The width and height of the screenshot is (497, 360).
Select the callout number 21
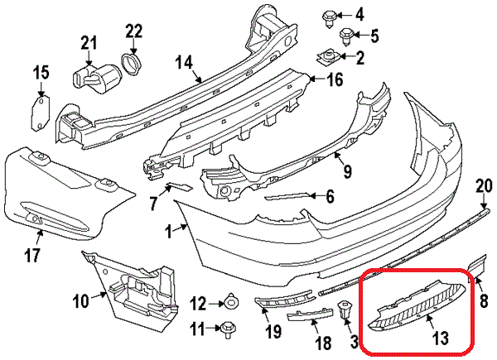point(89,42)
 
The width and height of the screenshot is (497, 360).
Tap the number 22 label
point(134,31)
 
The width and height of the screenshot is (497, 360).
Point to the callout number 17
point(31,256)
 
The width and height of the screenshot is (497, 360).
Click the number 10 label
point(80,303)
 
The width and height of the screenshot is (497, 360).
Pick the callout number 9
point(347,171)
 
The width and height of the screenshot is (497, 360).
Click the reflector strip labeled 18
point(309,314)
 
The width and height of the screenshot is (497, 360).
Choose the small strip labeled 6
point(289,197)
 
